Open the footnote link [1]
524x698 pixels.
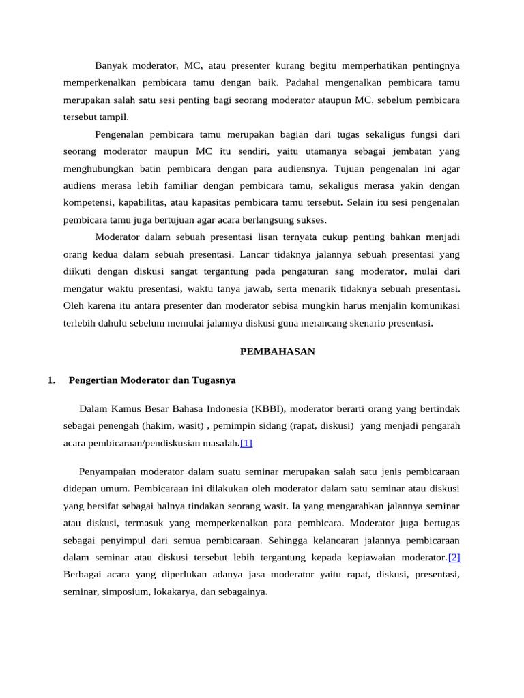246,443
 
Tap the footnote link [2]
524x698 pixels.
454,557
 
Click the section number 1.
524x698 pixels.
52,380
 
